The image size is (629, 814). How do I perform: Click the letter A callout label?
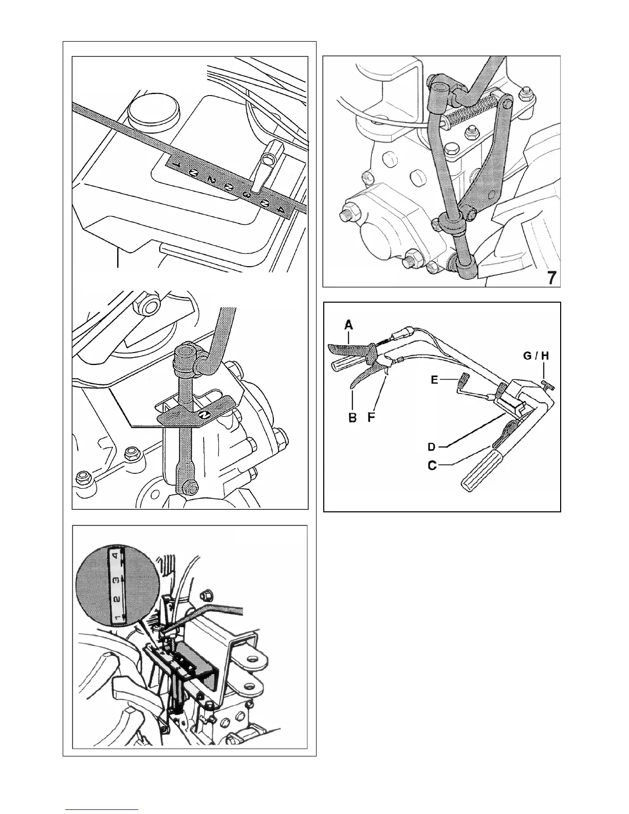349,325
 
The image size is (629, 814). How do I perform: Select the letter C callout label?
432,466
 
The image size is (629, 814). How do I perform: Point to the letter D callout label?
433,447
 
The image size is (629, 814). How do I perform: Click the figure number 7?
551,278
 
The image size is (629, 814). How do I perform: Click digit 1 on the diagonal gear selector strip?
175,165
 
